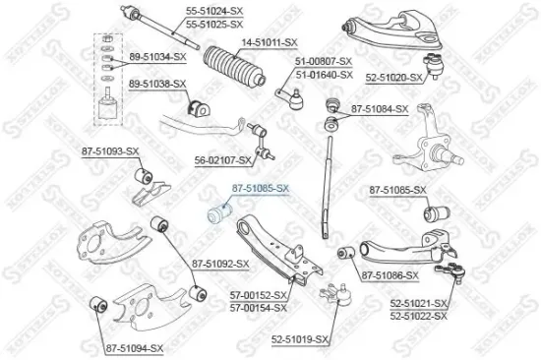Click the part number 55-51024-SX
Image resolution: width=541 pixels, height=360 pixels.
point(214,11)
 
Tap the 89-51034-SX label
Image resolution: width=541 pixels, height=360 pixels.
point(157,59)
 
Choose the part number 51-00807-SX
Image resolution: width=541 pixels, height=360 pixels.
point(324,61)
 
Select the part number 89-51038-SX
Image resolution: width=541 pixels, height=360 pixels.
point(157,85)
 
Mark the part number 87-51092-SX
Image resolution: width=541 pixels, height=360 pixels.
point(221,263)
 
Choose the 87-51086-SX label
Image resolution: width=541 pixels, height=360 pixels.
point(390,275)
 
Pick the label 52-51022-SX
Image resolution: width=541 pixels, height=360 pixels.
point(418,316)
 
